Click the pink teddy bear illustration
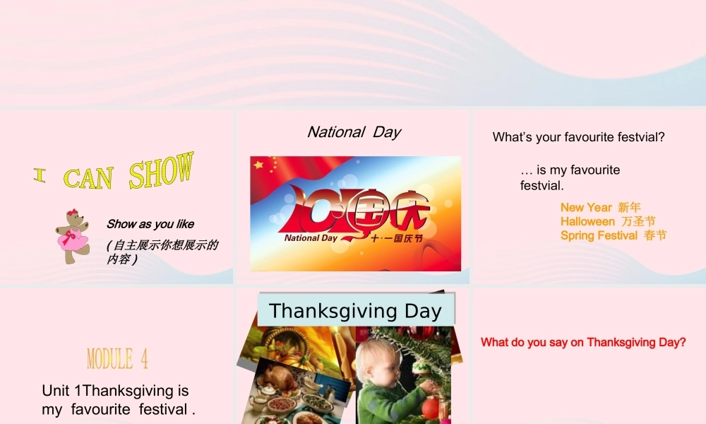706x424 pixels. [x=72, y=236]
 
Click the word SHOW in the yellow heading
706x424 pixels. [x=161, y=171]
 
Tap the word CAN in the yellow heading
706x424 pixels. [x=88, y=178]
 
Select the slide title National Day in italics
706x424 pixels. [x=354, y=132]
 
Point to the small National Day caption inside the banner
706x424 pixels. [x=311, y=238]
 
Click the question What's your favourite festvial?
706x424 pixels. [x=578, y=137]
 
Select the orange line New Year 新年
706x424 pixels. [x=600, y=207]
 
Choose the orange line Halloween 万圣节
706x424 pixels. [x=608, y=221]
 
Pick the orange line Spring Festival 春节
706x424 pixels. [x=613, y=235]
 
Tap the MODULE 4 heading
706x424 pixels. [x=117, y=359]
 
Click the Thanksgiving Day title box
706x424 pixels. [x=355, y=311]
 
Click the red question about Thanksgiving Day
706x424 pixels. [x=583, y=343]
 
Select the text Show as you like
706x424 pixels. [x=150, y=224]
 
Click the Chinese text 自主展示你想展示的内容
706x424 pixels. [x=162, y=252]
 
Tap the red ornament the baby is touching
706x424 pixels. [x=430, y=408]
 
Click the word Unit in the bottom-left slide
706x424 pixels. [x=55, y=391]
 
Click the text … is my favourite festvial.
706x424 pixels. [x=570, y=177]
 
